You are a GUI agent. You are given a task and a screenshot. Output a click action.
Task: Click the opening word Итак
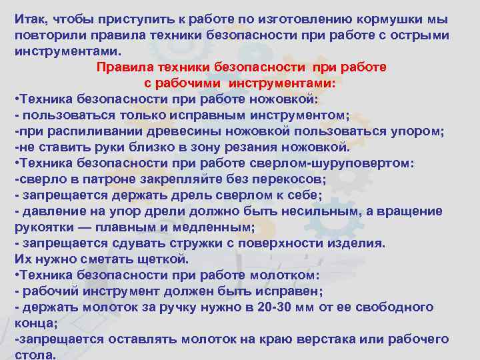pyautogui.click(x=29, y=18)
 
